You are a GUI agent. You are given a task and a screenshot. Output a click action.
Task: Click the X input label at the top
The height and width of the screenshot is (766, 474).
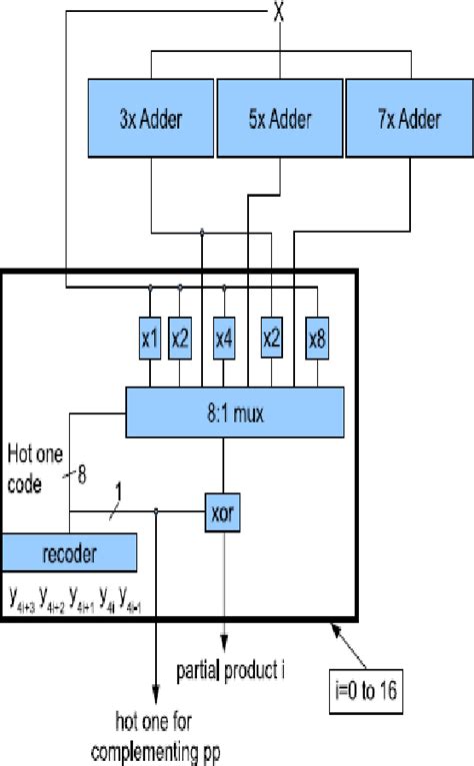click(279, 15)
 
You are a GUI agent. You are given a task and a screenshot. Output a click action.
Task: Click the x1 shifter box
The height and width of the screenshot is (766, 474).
click(150, 340)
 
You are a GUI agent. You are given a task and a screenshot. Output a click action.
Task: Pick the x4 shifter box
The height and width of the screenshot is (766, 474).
click(224, 340)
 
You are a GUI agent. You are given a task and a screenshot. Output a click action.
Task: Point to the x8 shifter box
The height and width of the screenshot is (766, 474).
click(317, 340)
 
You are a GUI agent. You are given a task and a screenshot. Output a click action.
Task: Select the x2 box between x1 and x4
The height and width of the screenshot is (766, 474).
click(180, 340)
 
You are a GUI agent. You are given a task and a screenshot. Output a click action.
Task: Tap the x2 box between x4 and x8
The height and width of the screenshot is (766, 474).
click(271, 340)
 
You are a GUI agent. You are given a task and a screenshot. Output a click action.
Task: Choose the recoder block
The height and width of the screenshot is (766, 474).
click(69, 550)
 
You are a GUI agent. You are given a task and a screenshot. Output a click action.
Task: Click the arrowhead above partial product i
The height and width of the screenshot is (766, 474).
click(223, 641)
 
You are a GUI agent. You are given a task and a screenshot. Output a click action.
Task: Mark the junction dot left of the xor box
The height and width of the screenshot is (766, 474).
click(157, 511)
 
